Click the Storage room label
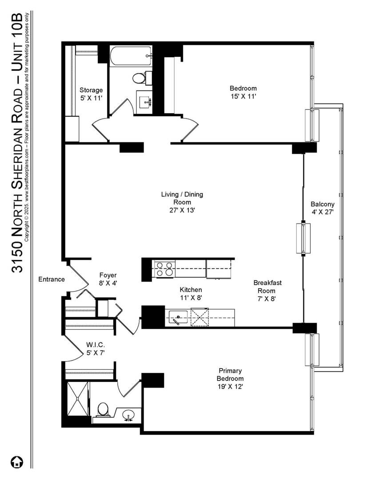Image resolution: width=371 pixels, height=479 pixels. pos(91,90)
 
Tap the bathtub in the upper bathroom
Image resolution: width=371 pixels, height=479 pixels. pos(131,56)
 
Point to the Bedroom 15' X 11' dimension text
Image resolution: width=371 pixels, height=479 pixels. pos(243,97)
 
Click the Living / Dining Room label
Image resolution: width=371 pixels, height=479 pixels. pos(182,198)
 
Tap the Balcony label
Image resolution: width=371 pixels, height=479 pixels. pos(322,204)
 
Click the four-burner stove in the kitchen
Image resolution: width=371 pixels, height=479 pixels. pos(164,269)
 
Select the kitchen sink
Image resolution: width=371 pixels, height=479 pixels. pos(178,317)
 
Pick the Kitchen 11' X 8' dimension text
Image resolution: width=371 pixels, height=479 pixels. pos(191,298)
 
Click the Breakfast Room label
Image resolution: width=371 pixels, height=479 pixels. pos(267,287)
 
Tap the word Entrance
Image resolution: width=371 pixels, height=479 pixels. pos(52,279)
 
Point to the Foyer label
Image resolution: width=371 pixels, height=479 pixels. pos(108,275)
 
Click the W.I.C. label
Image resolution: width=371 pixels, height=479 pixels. pos(96,345)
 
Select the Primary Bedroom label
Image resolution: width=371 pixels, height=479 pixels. pos(230,374)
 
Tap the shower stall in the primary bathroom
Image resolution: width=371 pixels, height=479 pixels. pos(77,399)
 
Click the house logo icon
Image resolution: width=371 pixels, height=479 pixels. pos(17,462)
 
